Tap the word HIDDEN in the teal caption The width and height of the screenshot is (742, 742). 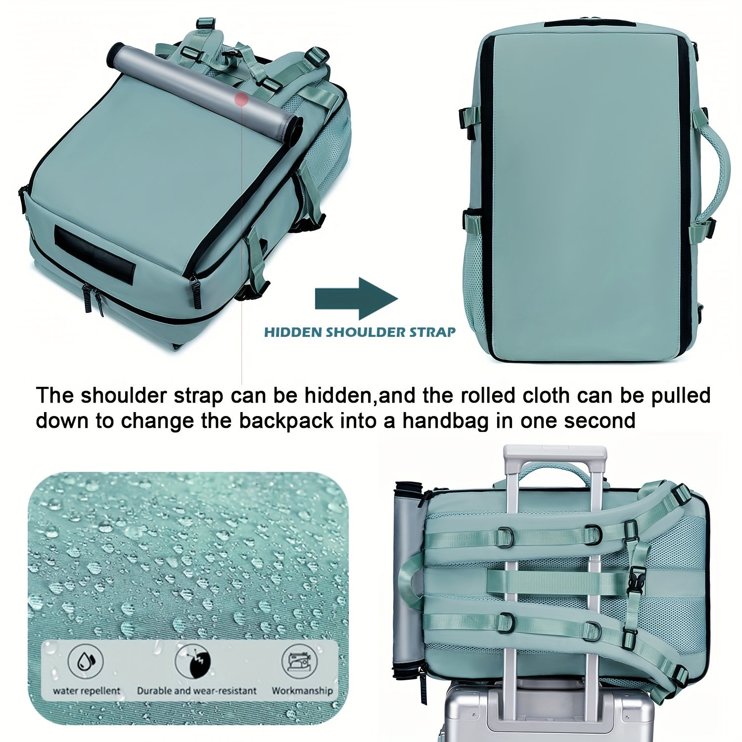(293, 332)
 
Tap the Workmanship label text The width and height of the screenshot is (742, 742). (302, 691)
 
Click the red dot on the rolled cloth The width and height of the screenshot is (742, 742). (241, 99)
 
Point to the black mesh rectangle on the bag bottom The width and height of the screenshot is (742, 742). (94, 256)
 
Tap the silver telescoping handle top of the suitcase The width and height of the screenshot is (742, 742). (555, 453)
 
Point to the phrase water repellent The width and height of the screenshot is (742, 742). (86, 691)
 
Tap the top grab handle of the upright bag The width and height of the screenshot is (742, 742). (589, 23)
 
